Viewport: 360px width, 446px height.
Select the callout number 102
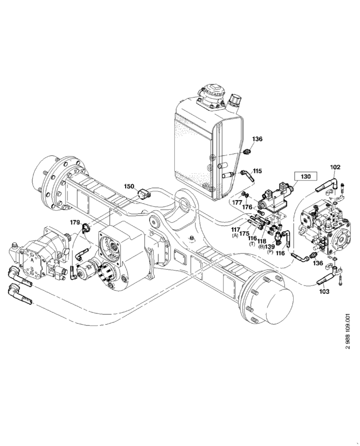(335, 167)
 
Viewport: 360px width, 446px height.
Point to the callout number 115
(258, 171)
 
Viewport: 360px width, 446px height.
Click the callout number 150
(129, 186)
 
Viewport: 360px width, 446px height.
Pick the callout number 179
(74, 222)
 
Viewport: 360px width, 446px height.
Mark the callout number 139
(270, 247)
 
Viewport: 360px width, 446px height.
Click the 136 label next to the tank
(257, 139)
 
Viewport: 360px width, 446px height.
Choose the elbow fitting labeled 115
(246, 174)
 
